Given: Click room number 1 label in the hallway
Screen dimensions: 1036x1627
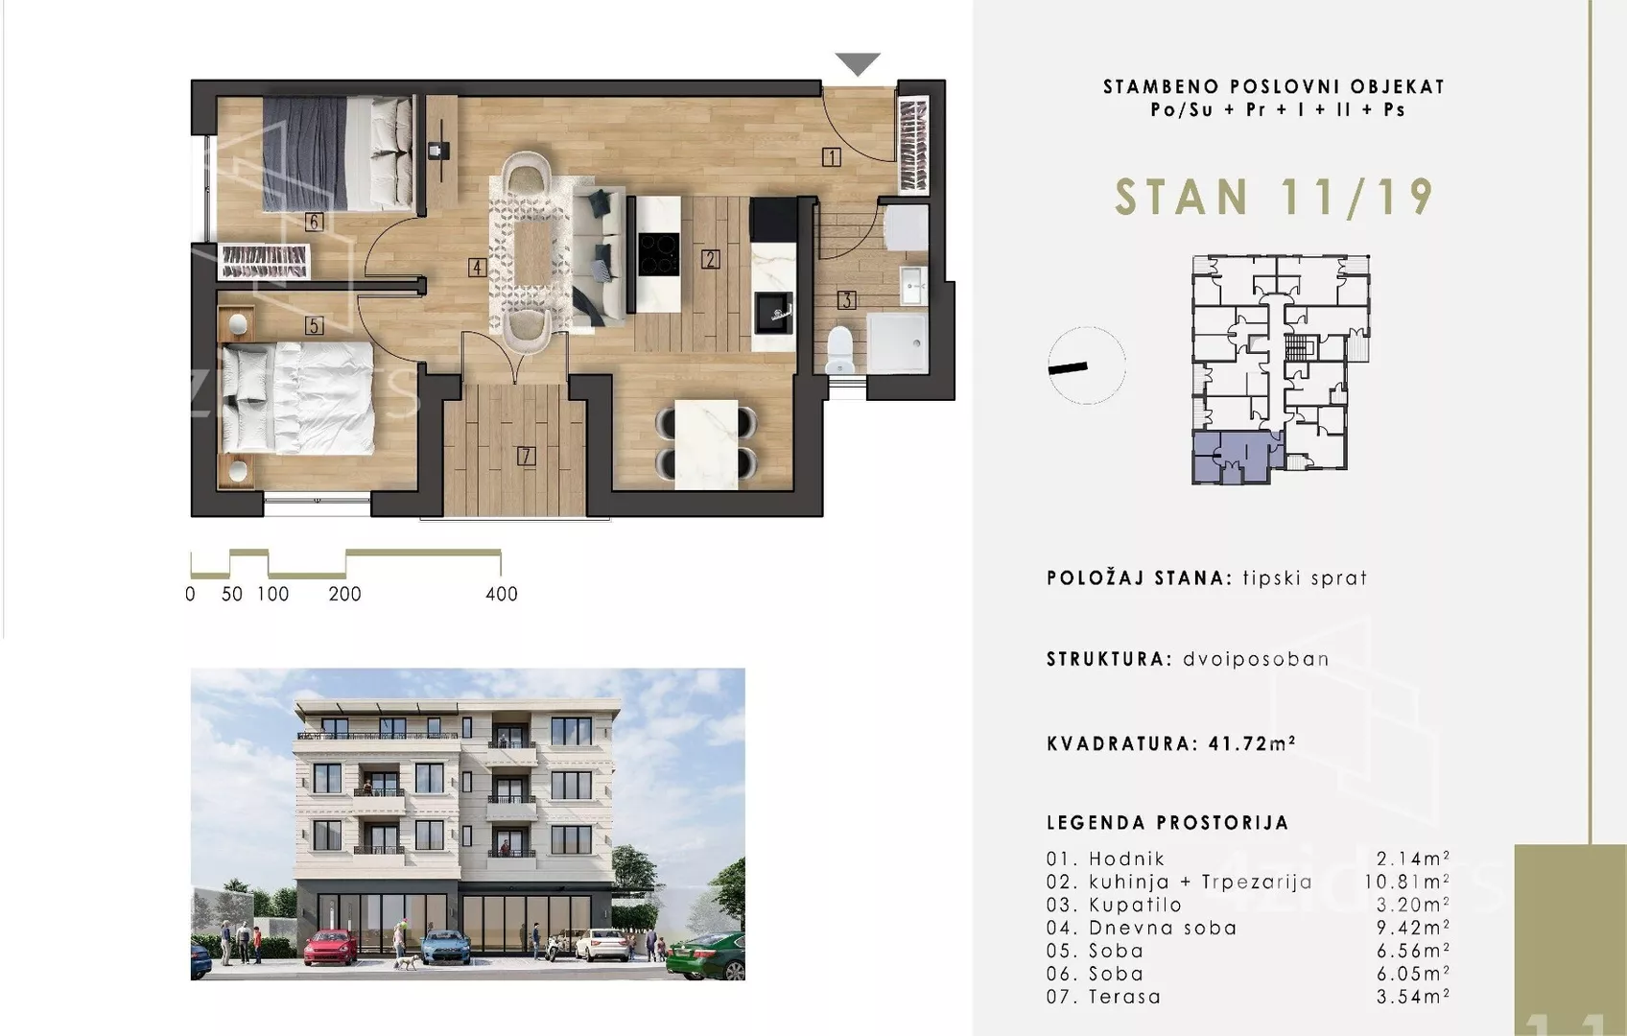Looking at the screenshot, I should (x=831, y=157).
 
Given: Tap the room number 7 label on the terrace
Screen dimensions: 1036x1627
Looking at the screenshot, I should (x=526, y=457).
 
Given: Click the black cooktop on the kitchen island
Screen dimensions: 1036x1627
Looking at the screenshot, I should (x=659, y=254).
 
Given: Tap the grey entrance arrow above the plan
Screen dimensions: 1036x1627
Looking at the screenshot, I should (x=858, y=64).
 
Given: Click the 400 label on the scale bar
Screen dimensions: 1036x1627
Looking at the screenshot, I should (x=502, y=595).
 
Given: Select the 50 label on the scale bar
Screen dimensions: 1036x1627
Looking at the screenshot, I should (x=232, y=595).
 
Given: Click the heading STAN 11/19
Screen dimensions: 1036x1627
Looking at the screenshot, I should (x=1274, y=199).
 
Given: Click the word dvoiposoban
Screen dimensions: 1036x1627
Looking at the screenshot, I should (x=1256, y=660).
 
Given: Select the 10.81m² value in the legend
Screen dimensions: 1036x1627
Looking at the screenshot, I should (x=1406, y=883).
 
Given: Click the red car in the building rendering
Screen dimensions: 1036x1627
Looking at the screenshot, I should (x=330, y=948).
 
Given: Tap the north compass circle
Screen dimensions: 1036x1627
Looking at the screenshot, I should (x=1087, y=365).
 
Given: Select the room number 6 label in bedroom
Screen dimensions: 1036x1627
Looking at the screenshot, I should (x=314, y=223).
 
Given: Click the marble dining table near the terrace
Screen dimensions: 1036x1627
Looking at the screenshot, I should (x=706, y=444).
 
